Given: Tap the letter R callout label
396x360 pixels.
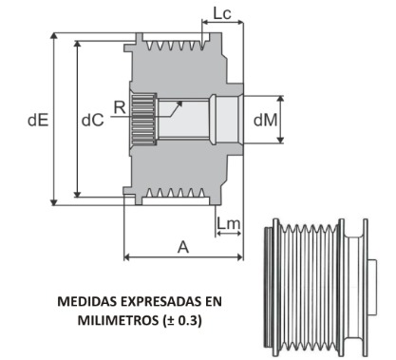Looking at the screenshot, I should point(119,107).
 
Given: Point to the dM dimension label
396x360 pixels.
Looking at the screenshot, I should point(267,120).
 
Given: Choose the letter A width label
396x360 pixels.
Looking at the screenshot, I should point(183,246).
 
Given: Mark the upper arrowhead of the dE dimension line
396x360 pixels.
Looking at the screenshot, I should point(53,35).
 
